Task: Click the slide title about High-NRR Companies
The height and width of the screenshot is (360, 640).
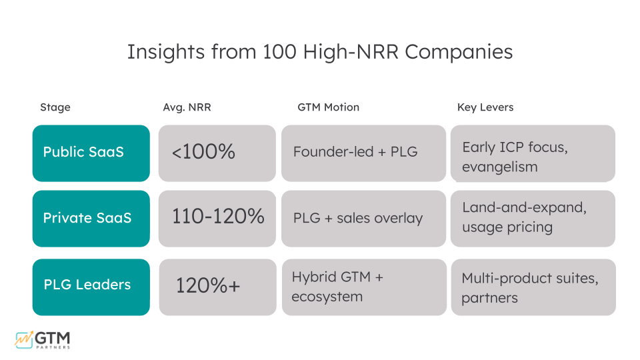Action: tap(320, 52)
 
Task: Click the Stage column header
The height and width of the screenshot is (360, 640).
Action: tap(55, 107)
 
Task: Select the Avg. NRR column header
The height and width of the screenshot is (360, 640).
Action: tap(187, 107)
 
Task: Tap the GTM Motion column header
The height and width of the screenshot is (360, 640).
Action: tap(328, 107)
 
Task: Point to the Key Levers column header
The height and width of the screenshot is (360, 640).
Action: tap(485, 107)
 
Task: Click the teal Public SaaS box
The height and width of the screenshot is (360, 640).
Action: tap(91, 153)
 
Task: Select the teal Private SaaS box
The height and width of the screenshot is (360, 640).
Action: tap(91, 219)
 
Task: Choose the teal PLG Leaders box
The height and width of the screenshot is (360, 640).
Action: tap(91, 286)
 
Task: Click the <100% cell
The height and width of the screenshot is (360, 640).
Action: tap(217, 153)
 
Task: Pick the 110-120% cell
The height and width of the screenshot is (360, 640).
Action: tap(217, 217)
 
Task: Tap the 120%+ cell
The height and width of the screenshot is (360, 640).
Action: tap(217, 286)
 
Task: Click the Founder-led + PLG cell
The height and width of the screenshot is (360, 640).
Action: tap(363, 153)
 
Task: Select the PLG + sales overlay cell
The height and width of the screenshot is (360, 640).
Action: tap(363, 219)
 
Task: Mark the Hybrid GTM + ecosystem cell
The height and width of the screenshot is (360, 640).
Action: tap(363, 287)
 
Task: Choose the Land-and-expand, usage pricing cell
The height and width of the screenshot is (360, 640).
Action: tap(533, 218)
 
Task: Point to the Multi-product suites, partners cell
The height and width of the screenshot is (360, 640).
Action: tap(533, 287)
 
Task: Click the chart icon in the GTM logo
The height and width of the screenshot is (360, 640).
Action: tap(23, 339)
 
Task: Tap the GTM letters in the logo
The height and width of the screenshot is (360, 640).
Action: tap(53, 337)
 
